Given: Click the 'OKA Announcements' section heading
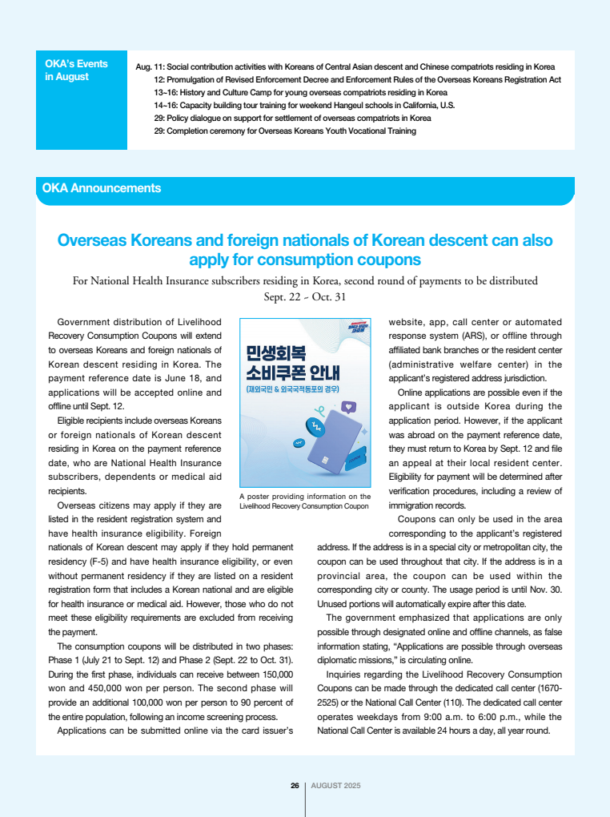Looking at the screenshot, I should click(102, 188).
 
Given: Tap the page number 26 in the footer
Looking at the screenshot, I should click(295, 785).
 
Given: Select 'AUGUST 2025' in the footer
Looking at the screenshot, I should click(335, 785).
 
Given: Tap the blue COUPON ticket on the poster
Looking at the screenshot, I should click(355, 462).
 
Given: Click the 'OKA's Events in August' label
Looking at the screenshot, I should click(77, 70).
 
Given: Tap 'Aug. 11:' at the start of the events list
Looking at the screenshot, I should click(150, 66).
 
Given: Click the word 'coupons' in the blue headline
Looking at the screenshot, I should click(387, 260).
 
